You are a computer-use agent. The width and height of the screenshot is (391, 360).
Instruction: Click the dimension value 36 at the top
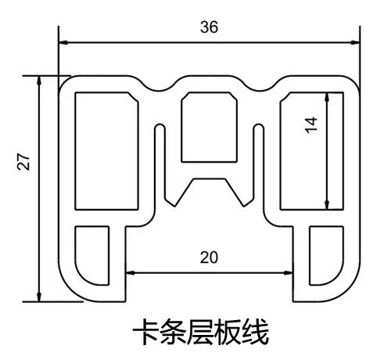click(209, 27)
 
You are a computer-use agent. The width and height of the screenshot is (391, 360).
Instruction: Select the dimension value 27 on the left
click(23, 162)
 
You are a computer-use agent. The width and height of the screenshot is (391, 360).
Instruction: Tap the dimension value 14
click(311, 125)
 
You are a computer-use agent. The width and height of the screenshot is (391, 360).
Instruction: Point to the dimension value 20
click(209, 257)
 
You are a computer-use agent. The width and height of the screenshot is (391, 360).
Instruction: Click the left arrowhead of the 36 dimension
click(63, 42)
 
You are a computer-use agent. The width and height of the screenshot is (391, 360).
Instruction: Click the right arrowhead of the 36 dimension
click(355, 42)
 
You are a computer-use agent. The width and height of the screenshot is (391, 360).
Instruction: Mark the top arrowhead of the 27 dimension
click(39, 81)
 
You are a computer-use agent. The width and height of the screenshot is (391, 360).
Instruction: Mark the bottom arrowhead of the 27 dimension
click(39, 297)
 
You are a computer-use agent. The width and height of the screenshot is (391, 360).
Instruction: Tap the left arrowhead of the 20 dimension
click(130, 273)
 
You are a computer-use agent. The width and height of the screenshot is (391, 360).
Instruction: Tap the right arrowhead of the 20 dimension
click(288, 273)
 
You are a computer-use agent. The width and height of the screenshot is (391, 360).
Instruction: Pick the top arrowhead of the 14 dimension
click(327, 97)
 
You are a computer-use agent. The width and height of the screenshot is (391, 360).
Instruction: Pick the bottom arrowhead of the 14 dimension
click(327, 204)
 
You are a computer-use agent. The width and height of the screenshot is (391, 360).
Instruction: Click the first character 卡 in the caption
click(145, 332)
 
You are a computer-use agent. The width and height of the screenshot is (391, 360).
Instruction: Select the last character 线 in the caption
click(256, 332)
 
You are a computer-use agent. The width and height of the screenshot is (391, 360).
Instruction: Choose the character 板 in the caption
click(228, 332)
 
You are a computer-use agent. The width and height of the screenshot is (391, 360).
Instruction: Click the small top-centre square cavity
click(209, 127)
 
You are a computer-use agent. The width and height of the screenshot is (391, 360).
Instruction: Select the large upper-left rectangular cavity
click(106, 151)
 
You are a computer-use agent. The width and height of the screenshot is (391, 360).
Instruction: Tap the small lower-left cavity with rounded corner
click(92, 256)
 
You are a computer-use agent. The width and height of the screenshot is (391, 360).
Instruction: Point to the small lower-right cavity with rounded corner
click(326, 256)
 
